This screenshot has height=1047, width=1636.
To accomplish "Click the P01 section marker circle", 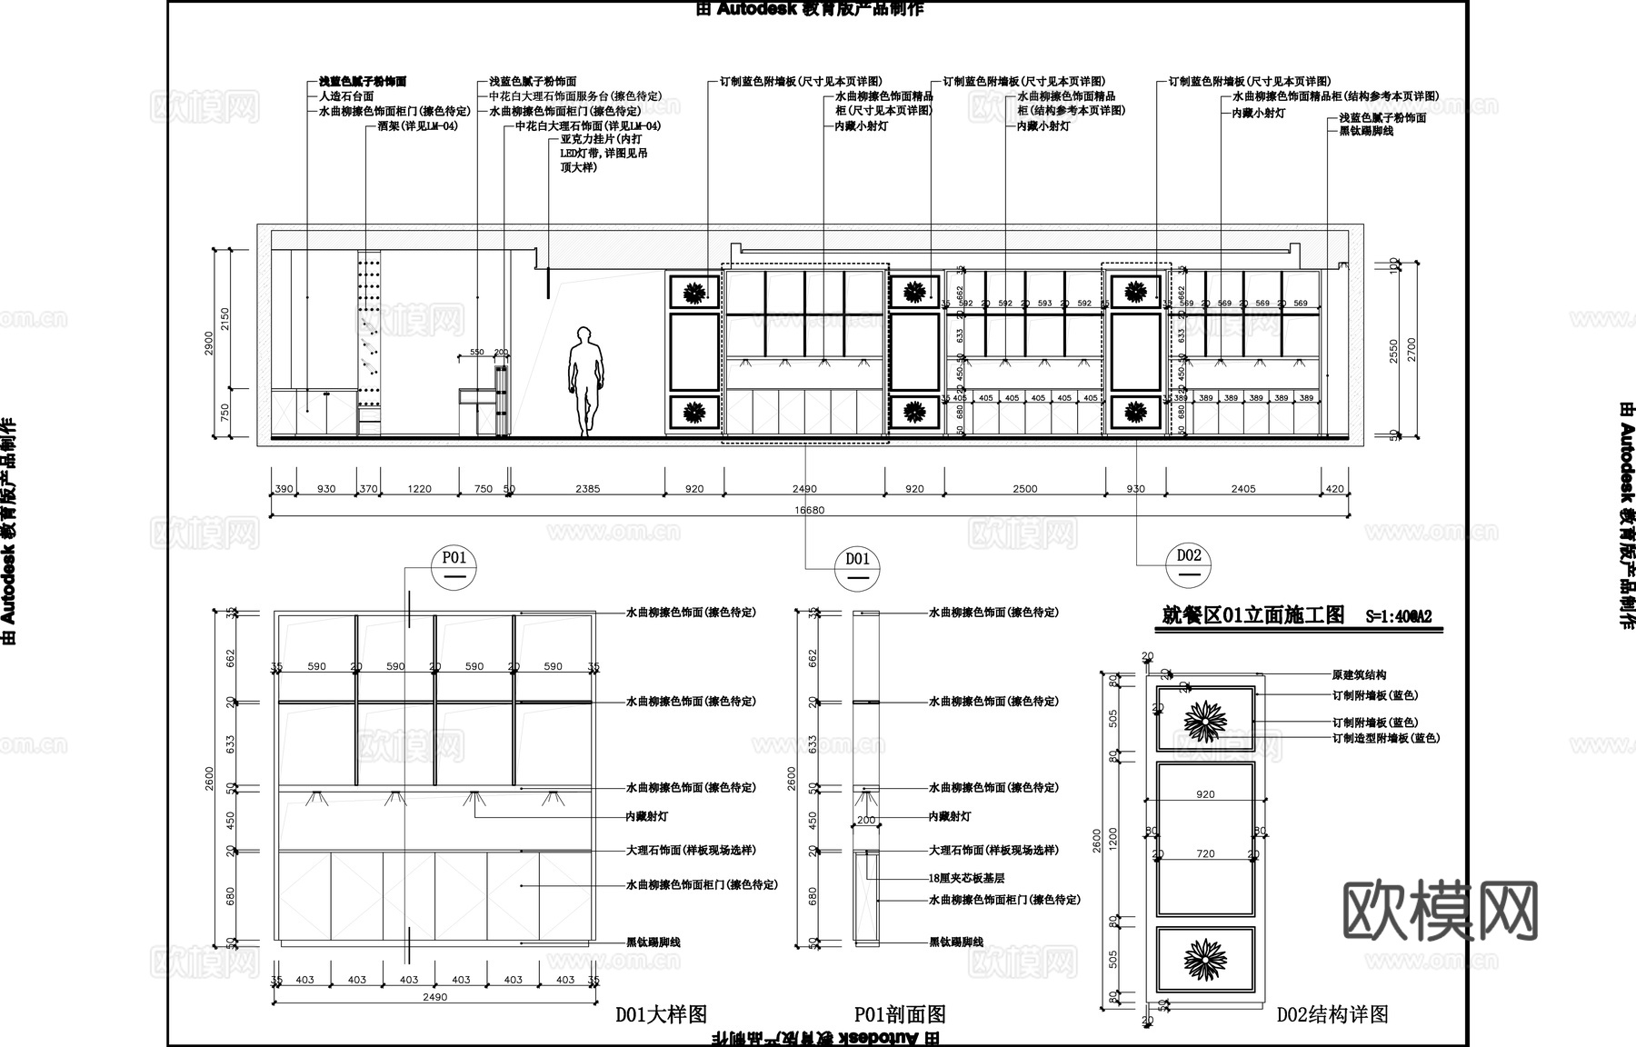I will (x=454, y=566).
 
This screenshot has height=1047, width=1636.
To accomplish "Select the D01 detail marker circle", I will (x=857, y=567).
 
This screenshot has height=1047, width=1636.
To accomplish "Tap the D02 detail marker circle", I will (x=1189, y=564).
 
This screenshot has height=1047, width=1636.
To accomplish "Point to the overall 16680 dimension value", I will (x=809, y=510).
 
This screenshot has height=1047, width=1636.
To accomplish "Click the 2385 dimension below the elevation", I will (x=587, y=489).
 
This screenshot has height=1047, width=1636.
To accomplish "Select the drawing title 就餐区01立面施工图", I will (x=1253, y=615).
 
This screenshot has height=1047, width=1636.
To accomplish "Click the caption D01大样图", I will (x=661, y=1015).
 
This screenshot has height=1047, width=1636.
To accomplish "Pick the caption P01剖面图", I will (x=900, y=1015).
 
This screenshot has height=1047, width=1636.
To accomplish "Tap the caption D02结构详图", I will (x=1332, y=1015).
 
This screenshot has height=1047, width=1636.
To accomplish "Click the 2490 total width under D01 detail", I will (x=435, y=997).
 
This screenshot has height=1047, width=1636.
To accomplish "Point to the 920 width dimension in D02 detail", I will (x=1205, y=794).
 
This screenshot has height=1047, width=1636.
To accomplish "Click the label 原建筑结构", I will (x=1359, y=675).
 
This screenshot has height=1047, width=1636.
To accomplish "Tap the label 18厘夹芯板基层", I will (x=966, y=879).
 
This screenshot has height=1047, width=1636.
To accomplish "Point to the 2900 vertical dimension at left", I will (x=210, y=344).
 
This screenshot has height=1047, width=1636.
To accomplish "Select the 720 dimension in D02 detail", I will (x=1205, y=854).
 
